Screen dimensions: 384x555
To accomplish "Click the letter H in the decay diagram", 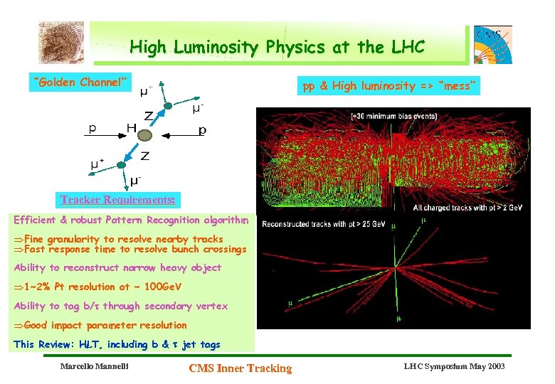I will [132, 129].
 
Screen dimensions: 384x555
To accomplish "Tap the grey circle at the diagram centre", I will [144, 135].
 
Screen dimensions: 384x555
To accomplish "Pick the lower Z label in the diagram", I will [144, 156].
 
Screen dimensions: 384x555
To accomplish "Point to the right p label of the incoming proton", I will [203, 131].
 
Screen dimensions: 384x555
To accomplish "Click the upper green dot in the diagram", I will [167, 106].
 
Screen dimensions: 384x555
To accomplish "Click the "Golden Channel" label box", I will [80, 82].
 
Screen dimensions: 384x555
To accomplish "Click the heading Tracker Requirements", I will [118, 200].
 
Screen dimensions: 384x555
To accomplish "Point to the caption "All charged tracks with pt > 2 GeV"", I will [472, 208].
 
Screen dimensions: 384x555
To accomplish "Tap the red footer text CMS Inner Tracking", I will [240, 368].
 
